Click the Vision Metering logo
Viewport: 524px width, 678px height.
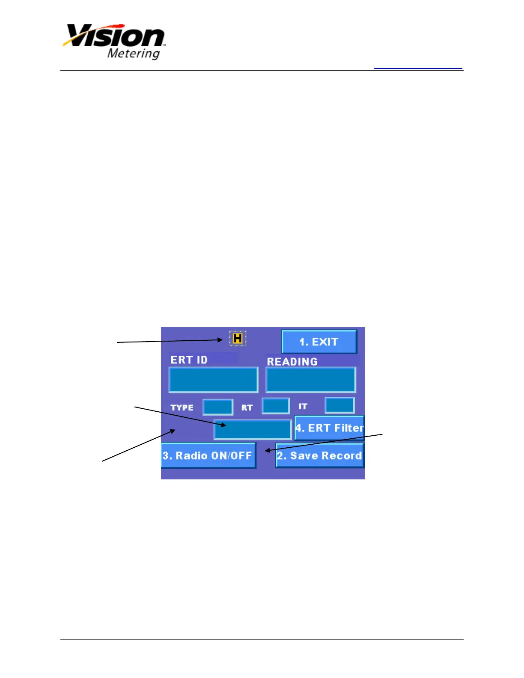pyautogui.click(x=114, y=41)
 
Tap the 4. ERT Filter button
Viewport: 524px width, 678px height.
pyautogui.click(x=329, y=428)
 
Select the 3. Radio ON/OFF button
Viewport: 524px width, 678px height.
pyautogui.click(x=208, y=455)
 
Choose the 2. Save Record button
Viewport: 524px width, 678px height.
pyautogui.click(x=320, y=455)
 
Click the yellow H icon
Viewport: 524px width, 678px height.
pyautogui.click(x=238, y=339)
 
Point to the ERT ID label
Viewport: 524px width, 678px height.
pyautogui.click(x=189, y=360)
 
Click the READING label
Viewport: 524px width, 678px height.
pyautogui.click(x=292, y=362)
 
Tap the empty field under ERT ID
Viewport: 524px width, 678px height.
pyautogui.click(x=213, y=380)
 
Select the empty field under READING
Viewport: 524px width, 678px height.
pyautogui.click(x=311, y=380)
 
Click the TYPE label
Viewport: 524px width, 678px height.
pyautogui.click(x=182, y=407)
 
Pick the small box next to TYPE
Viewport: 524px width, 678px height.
pyautogui.click(x=218, y=407)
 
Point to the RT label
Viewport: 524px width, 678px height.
pyautogui.click(x=247, y=407)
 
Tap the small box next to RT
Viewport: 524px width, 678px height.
pyautogui.click(x=276, y=406)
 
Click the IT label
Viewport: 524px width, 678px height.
pyautogui.click(x=303, y=406)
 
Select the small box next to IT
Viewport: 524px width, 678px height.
pyautogui.click(x=339, y=405)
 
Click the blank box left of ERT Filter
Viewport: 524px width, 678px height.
pyautogui.click(x=253, y=429)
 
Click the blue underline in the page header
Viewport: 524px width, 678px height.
pyautogui.click(x=418, y=68)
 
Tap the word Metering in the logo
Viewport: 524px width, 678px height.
pyautogui.click(x=134, y=54)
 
